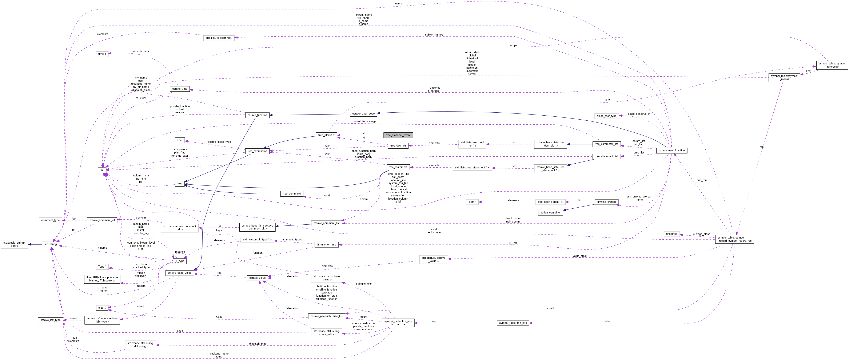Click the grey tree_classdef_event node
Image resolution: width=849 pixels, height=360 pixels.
(398, 135)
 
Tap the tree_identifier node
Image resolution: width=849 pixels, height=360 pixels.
(326, 135)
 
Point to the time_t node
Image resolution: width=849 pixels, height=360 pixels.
(102, 54)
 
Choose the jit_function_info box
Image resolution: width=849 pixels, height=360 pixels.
(326, 245)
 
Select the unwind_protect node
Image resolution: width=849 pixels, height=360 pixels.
(606, 202)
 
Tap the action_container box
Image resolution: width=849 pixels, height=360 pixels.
(550, 213)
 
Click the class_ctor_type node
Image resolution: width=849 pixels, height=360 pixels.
(606, 116)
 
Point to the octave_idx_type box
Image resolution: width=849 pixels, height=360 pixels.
(50, 320)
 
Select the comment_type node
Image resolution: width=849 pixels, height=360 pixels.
(50, 220)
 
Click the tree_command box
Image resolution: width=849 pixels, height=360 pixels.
(292, 194)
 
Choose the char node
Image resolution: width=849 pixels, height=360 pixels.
(180, 140)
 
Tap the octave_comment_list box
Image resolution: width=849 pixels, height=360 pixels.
(326, 223)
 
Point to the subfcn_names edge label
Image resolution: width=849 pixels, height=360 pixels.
(434, 35)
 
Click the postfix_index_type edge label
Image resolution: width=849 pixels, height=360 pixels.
(219, 142)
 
